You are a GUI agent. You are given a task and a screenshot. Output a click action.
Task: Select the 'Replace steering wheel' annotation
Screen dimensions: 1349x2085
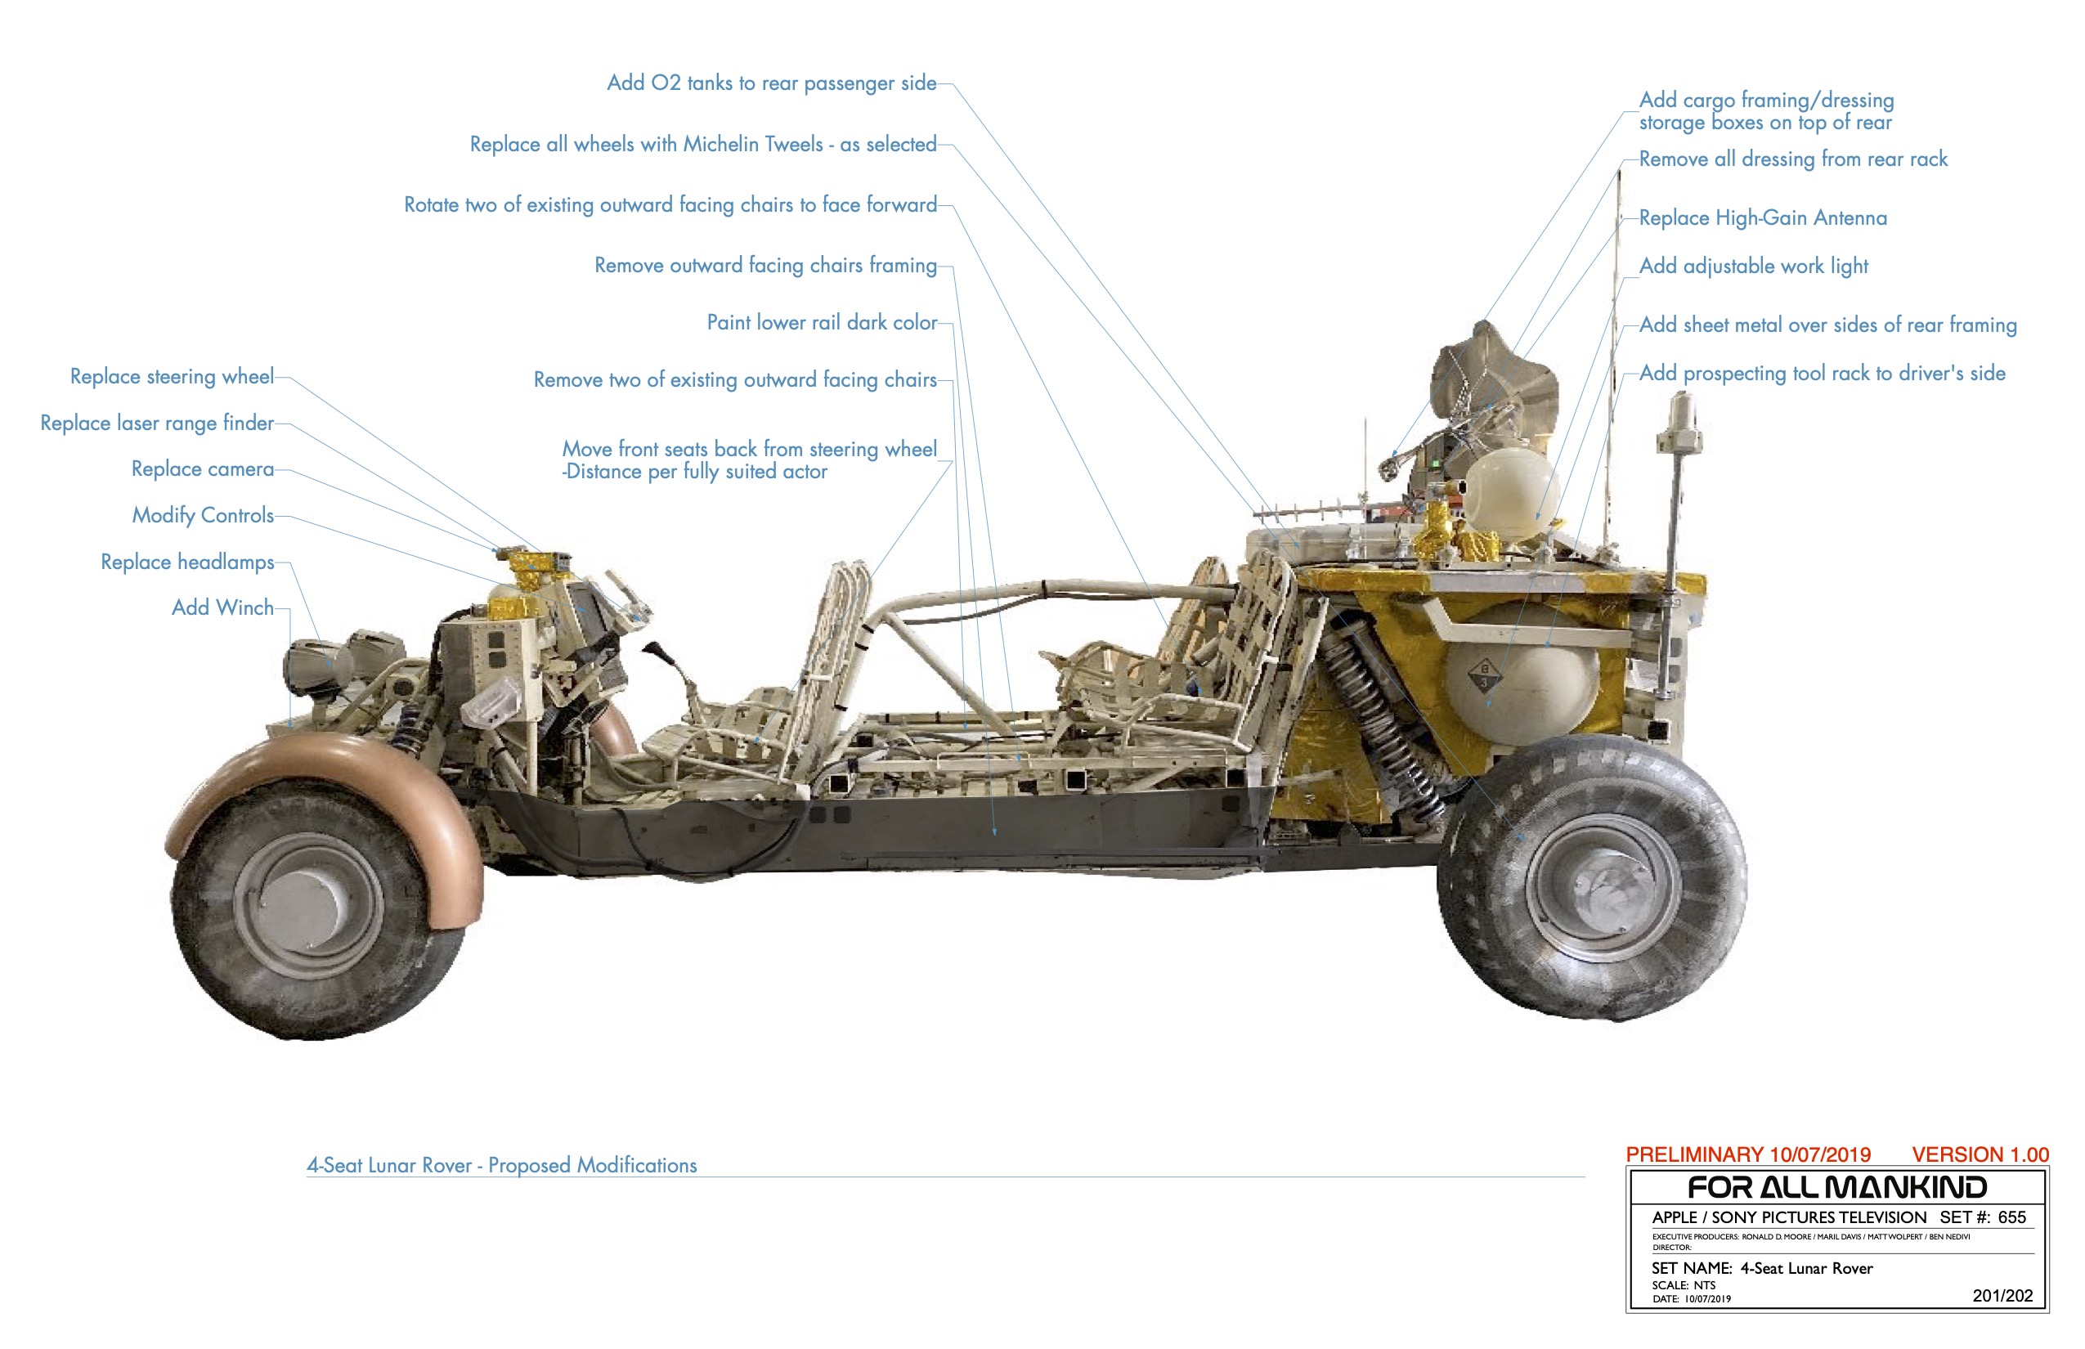tap(172, 376)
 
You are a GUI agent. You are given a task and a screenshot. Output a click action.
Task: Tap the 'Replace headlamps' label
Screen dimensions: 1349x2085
tap(186, 562)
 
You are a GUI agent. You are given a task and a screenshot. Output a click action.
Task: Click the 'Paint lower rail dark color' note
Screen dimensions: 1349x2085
tap(821, 322)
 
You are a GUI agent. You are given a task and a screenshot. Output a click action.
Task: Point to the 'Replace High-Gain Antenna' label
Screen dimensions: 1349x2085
tap(1762, 217)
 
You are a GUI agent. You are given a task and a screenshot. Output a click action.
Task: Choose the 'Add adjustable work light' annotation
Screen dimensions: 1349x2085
tap(1753, 266)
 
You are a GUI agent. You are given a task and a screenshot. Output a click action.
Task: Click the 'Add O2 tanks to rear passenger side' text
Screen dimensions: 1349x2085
tap(771, 83)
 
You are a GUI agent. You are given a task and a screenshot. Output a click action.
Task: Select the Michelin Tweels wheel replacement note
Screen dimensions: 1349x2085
tap(702, 144)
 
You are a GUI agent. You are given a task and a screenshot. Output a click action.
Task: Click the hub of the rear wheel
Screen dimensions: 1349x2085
tap(1603, 887)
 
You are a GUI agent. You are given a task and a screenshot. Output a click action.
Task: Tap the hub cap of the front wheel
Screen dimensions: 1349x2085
tap(307, 903)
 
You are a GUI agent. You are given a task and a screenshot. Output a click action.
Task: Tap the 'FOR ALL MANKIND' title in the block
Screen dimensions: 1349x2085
tap(1836, 1188)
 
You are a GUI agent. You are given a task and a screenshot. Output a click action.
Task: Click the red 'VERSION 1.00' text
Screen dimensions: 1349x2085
tap(1979, 1154)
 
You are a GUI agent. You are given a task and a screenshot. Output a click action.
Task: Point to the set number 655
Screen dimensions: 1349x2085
tap(2011, 1217)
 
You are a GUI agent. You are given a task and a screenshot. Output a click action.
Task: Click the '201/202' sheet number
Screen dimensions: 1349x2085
tap(2002, 1296)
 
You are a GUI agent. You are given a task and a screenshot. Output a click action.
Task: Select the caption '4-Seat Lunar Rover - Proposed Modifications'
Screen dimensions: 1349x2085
tap(501, 1165)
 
